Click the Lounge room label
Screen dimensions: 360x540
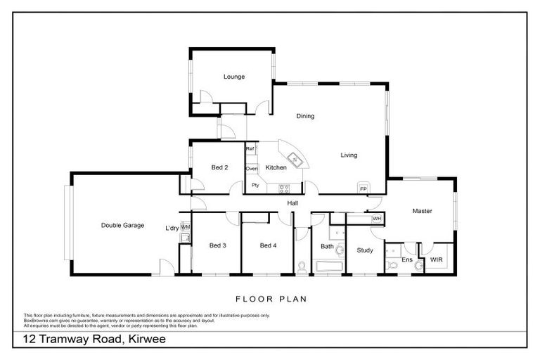pyautogui.click(x=234, y=77)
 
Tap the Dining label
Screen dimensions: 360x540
pyautogui.click(x=304, y=116)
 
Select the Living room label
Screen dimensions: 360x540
pyautogui.click(x=349, y=155)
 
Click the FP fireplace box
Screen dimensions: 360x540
pyautogui.click(x=364, y=188)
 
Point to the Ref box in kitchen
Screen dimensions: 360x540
pyautogui.click(x=250, y=149)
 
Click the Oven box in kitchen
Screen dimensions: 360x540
pyautogui.click(x=251, y=169)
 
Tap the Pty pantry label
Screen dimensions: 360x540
pyautogui.click(x=255, y=186)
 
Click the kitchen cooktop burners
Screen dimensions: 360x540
pyautogui.click(x=285, y=188)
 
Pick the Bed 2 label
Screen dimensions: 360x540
pyautogui.click(x=219, y=167)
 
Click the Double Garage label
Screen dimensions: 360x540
pyautogui.click(x=122, y=226)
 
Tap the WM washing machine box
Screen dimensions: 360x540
pyautogui.click(x=186, y=228)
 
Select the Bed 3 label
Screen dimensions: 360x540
pyautogui.click(x=217, y=245)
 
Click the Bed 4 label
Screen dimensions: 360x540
pyautogui.click(x=268, y=245)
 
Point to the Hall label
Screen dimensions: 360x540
pyautogui.click(x=293, y=203)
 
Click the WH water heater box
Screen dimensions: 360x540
pyautogui.click(x=376, y=219)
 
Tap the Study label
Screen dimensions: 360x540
pyautogui.click(x=364, y=250)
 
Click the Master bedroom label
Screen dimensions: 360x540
pyautogui.click(x=422, y=211)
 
